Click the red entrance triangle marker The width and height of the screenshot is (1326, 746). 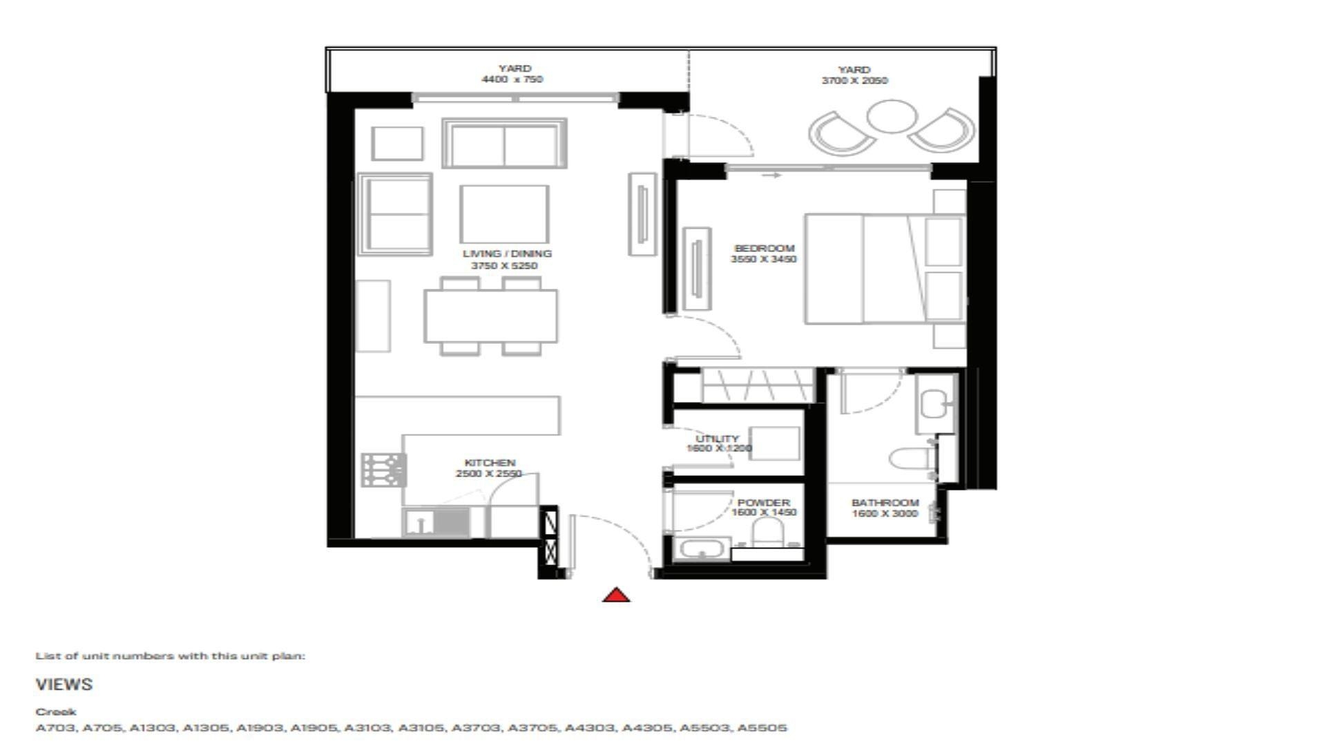coord(616,595)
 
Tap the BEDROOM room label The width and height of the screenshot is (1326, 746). coord(764,248)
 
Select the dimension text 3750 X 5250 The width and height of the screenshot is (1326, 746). coord(504,266)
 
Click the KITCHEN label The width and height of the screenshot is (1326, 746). coord(490,463)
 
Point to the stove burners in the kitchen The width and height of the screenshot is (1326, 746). coord(383,470)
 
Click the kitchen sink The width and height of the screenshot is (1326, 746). coord(419,522)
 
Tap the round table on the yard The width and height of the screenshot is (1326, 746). coord(892,116)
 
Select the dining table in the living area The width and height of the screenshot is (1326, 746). coord(490,316)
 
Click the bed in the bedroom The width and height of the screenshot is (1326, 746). coord(884,269)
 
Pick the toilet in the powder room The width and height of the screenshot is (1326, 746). coord(767,533)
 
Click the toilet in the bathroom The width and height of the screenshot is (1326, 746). coord(911,459)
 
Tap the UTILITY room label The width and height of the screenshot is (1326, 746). coord(717,439)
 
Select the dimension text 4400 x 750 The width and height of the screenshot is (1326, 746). coord(512,79)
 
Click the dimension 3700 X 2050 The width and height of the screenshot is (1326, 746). coord(854,81)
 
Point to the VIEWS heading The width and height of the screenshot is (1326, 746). coord(64,685)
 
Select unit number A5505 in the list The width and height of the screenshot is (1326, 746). coord(762,727)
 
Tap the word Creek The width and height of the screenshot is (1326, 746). coord(56,711)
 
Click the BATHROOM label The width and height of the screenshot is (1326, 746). coord(885,503)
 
